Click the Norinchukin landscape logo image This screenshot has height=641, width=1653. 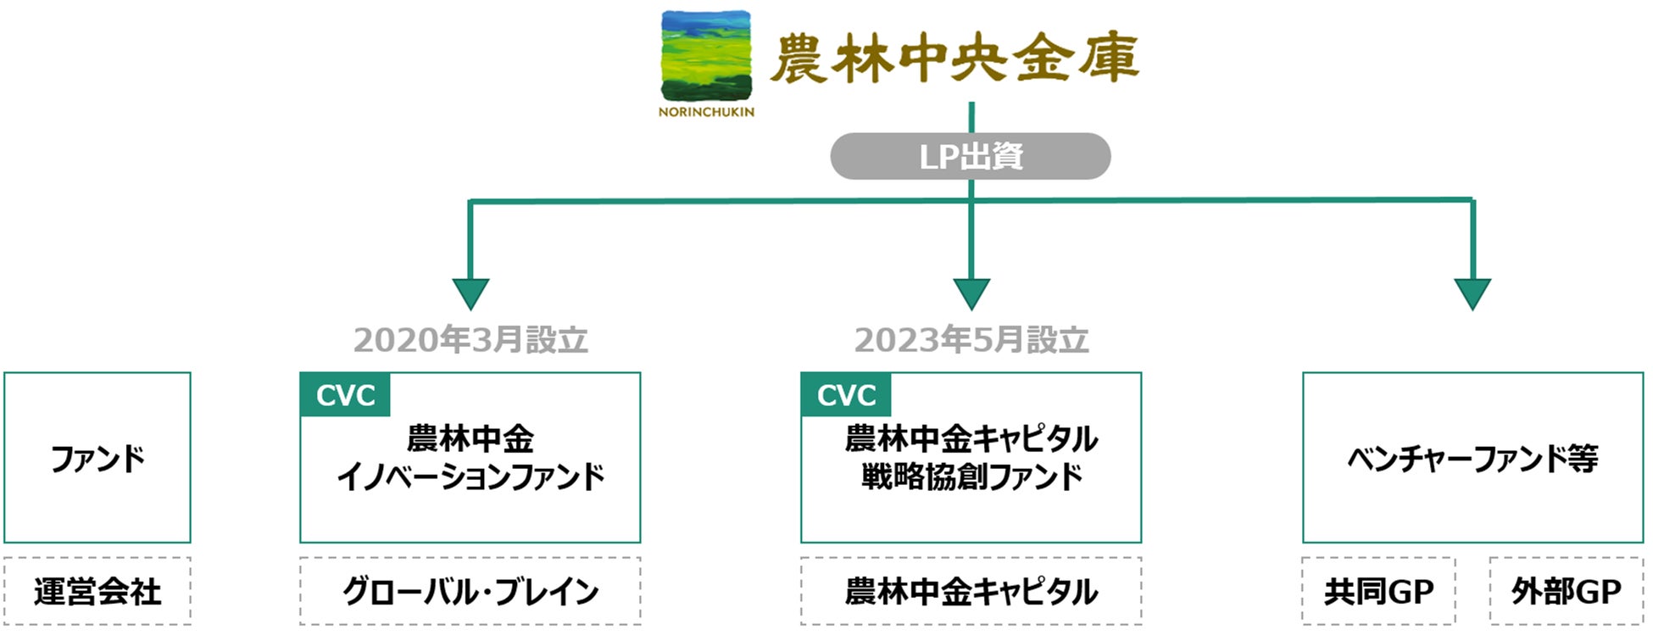pos(706,56)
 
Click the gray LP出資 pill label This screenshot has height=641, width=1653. pos(971,156)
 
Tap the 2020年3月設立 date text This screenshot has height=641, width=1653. pos(470,340)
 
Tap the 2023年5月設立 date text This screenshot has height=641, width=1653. pos(971,340)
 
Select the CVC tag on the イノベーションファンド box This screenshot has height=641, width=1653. pos(345,395)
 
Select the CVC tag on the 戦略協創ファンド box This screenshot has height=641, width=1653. pos(846,395)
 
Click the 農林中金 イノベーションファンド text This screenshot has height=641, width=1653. pos(470,458)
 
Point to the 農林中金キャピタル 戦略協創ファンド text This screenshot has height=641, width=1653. pos(971,458)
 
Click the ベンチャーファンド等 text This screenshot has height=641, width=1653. pos(1472,459)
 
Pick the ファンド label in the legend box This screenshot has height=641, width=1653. pos(97,459)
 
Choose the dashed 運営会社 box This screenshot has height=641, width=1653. pos(97,591)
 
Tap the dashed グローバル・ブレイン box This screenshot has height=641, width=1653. pos(470,591)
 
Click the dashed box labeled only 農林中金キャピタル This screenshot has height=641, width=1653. pos(971,591)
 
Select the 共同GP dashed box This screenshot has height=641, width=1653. pos(1379,591)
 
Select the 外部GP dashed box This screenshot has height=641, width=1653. pos(1567,591)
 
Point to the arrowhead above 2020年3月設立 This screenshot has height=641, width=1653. pos(470,294)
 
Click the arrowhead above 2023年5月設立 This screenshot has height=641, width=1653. pos(971,294)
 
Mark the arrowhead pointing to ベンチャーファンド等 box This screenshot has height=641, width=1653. pos(1472,294)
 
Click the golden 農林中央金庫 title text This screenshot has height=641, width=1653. pos(955,58)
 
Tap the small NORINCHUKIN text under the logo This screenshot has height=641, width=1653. pos(706,112)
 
